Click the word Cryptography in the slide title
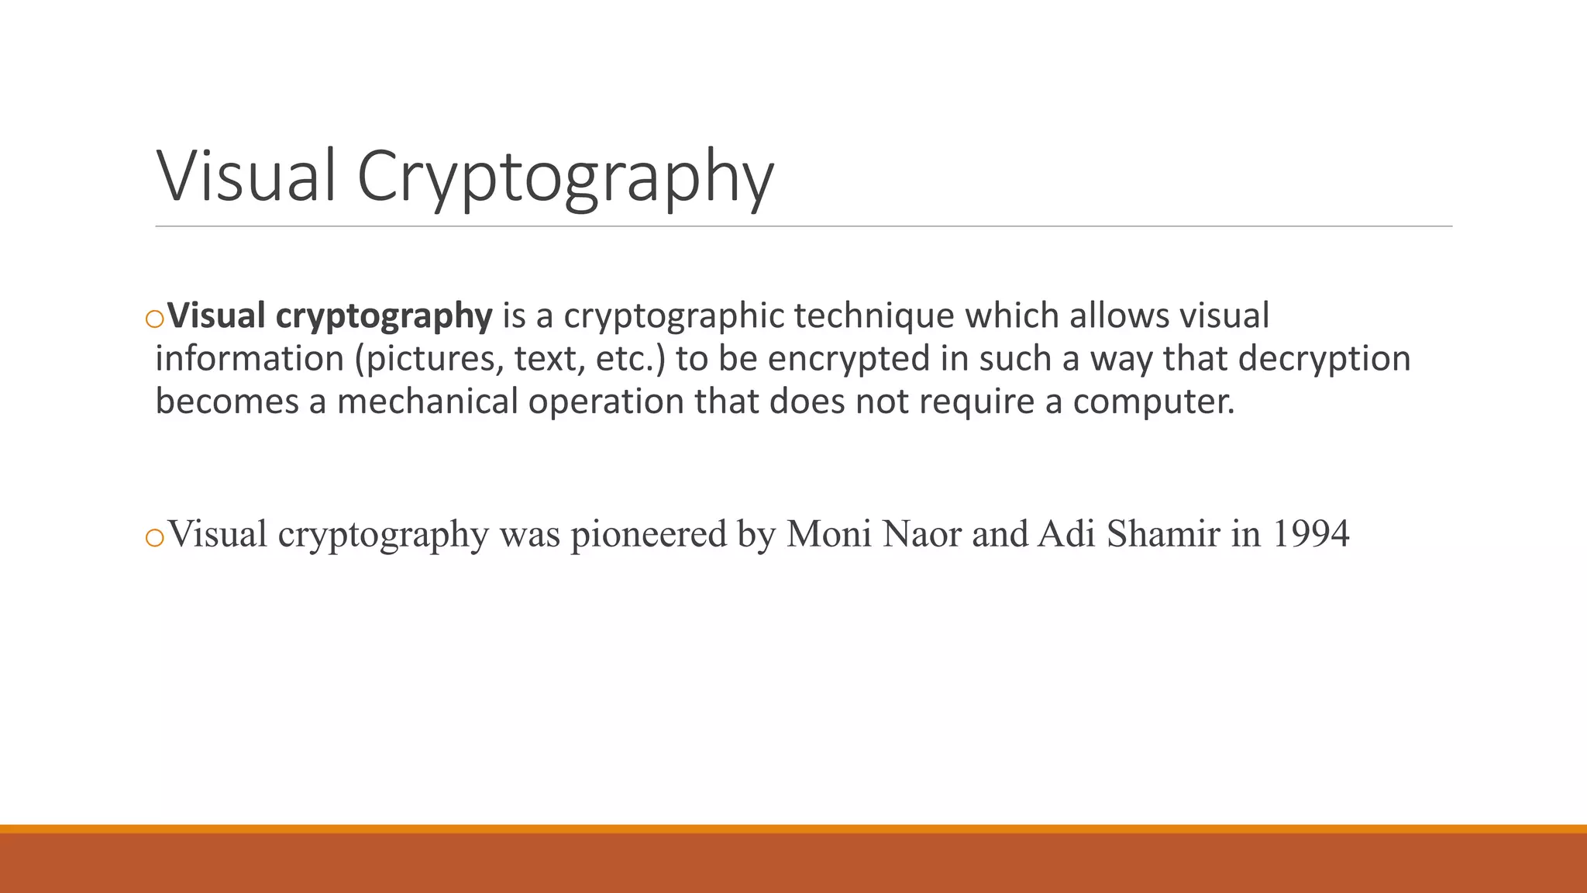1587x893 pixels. (565, 178)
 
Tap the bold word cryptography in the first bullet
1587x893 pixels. (384, 316)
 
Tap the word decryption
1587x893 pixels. (1324, 359)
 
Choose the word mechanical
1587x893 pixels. (427, 402)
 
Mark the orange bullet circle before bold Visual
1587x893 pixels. (154, 319)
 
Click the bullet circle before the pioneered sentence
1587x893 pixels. (154, 537)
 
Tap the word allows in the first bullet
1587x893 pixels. (1119, 316)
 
